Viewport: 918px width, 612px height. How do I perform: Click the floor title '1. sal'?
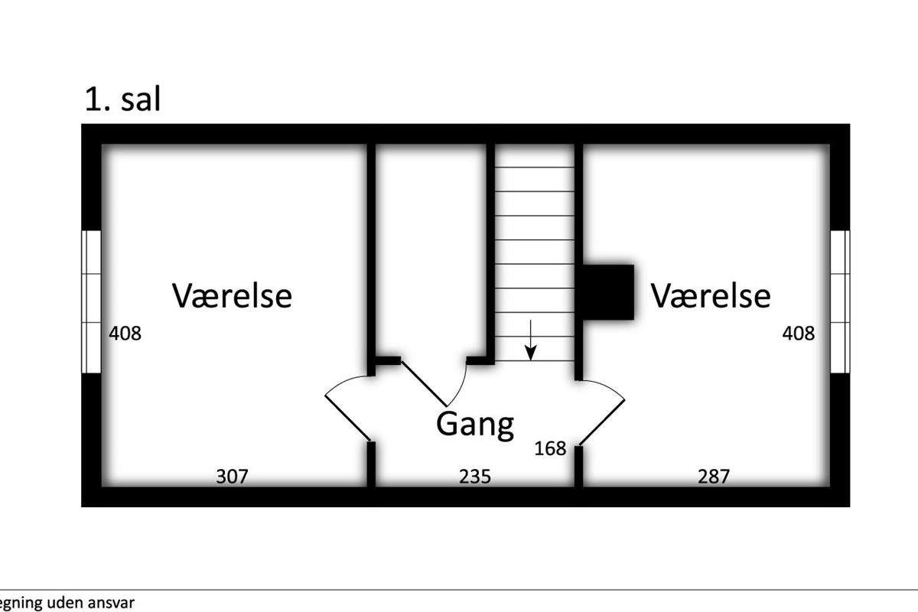tap(122, 99)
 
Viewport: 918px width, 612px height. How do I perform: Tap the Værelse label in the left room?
tap(232, 295)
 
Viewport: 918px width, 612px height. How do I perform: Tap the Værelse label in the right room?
tap(711, 295)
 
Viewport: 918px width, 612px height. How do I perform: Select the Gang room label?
tap(474, 424)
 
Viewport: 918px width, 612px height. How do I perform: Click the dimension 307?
tap(232, 477)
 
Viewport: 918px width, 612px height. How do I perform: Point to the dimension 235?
tap(474, 477)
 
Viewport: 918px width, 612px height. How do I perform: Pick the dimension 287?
tap(714, 477)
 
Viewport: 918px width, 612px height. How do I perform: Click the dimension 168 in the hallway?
tap(550, 448)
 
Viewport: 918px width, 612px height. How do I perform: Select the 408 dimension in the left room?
tap(125, 334)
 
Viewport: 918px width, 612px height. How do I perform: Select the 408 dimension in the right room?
tap(798, 334)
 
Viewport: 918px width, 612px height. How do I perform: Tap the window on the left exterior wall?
tap(92, 301)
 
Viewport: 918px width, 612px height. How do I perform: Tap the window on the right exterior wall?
tap(840, 301)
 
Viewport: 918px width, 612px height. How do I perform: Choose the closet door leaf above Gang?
tap(424, 382)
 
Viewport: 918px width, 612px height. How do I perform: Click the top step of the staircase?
tap(534, 155)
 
